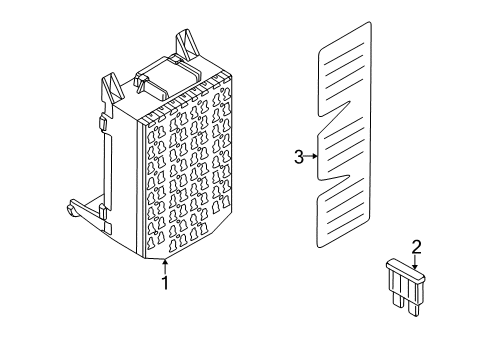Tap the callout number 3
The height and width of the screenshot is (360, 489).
pos(297,155)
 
